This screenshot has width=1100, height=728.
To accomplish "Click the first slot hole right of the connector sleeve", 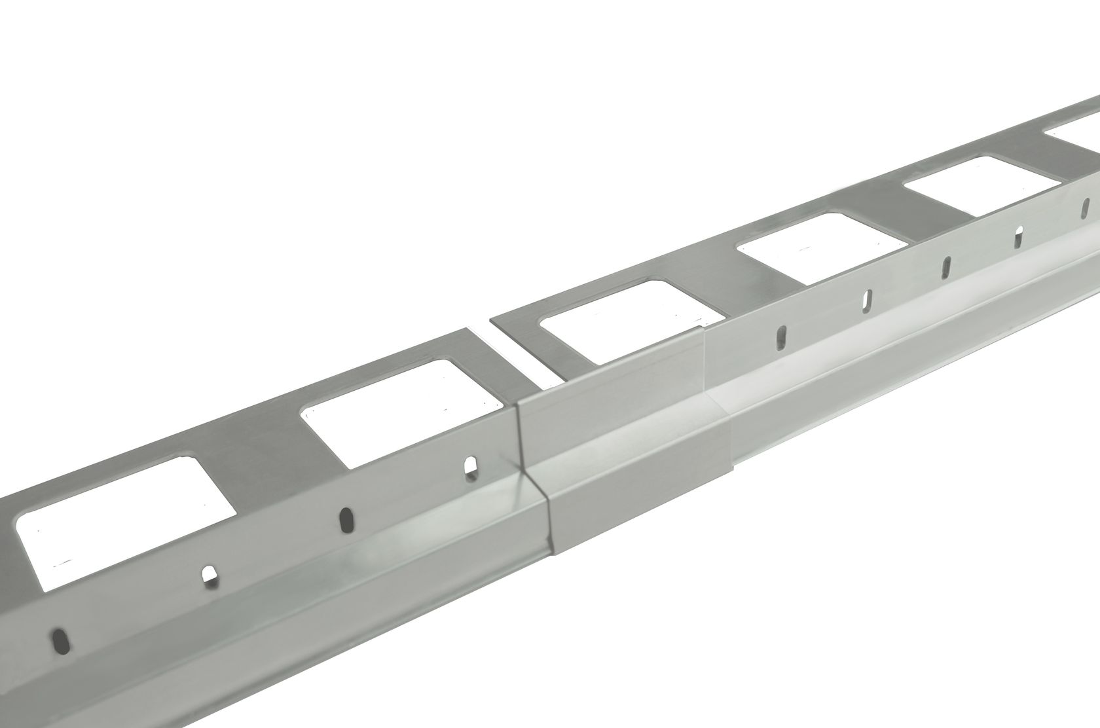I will click(781, 338).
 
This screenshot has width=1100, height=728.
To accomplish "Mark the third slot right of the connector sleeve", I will click(947, 266).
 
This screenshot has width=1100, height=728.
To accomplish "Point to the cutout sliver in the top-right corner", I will click(1074, 131).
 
